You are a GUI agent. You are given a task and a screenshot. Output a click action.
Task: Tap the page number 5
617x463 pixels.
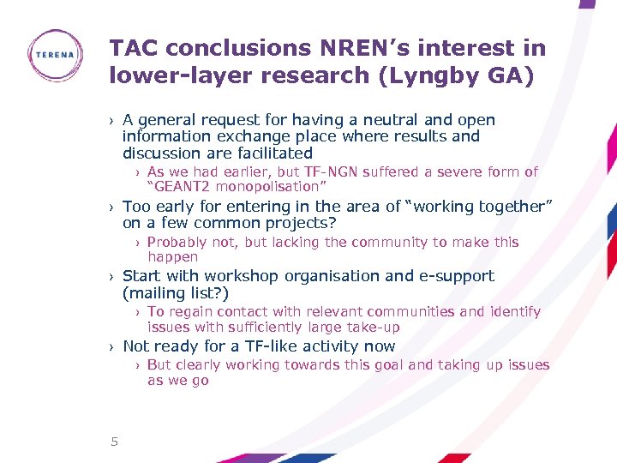(x=113, y=442)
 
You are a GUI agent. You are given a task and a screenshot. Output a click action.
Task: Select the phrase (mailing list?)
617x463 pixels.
(x=176, y=292)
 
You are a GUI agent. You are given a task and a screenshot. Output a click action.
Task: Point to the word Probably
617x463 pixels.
(x=177, y=242)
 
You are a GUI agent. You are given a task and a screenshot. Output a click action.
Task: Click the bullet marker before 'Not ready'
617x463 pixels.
(x=111, y=347)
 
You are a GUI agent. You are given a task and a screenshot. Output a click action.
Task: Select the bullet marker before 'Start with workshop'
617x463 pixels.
(x=111, y=277)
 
